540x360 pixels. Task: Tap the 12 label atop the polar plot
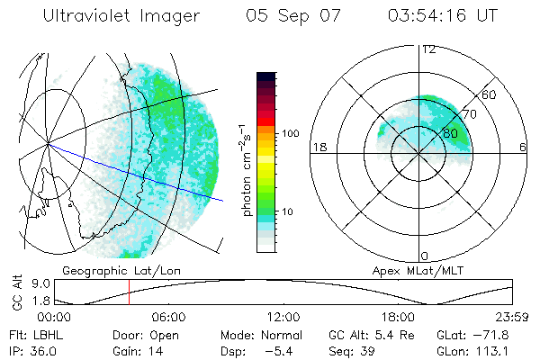[x=429, y=49]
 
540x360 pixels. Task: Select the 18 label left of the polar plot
[x=318, y=147]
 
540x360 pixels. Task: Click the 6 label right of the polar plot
[x=523, y=147]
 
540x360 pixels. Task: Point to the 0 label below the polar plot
[x=425, y=256]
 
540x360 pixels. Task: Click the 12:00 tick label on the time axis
[x=283, y=317]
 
